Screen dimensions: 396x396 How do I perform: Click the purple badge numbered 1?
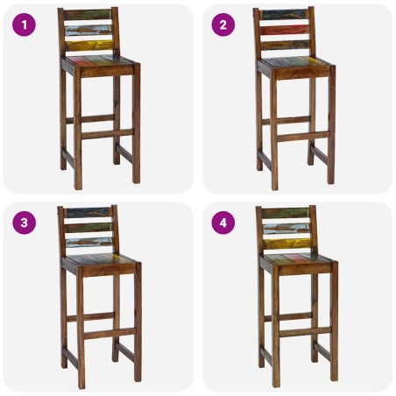25,25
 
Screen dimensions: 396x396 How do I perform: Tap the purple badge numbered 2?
223,25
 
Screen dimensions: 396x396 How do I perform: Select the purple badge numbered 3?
25,223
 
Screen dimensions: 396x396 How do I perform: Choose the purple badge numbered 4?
223,223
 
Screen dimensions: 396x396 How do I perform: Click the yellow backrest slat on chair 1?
88,45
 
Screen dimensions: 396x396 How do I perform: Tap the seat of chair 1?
98,62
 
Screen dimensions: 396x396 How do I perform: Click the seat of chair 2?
294,63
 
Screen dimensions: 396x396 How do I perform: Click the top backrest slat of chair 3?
88,213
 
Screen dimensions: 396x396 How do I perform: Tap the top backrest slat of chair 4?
286,213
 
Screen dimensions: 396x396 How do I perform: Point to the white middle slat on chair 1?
88,30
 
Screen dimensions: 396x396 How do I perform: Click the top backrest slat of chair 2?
286,15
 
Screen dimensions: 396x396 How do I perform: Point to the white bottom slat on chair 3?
88,243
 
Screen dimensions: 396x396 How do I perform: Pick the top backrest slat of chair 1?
88,15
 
